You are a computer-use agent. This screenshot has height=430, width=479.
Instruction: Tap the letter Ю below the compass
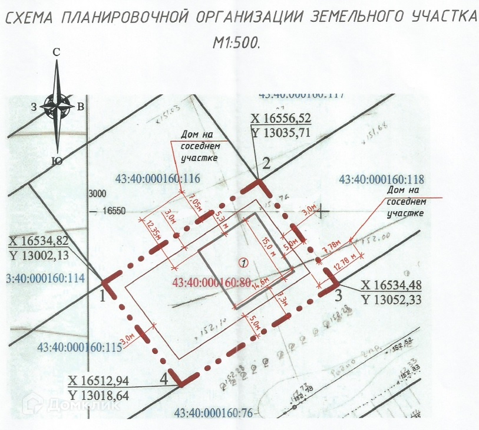click(x=57, y=161)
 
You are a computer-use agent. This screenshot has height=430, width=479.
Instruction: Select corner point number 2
click(x=266, y=164)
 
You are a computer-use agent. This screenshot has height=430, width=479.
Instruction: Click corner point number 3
click(x=338, y=295)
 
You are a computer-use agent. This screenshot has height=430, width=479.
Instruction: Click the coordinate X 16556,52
click(x=280, y=119)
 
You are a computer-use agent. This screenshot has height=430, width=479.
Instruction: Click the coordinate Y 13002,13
click(x=40, y=254)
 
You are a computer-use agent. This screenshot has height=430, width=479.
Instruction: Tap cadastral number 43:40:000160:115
click(x=78, y=347)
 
